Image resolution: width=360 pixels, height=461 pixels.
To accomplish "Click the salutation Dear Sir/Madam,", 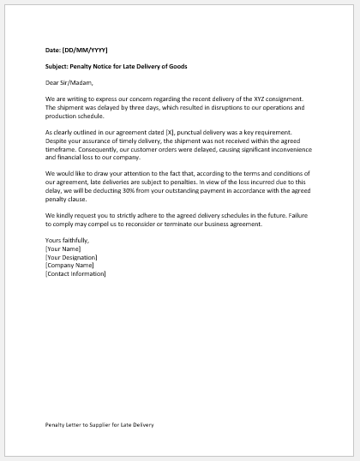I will tap(70, 83).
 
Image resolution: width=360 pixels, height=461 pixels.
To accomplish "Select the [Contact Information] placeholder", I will tap(75, 274).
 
